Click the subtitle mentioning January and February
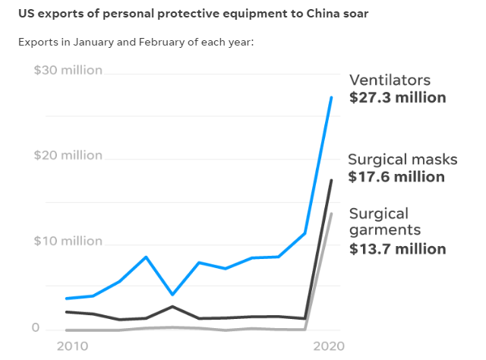pos(135,41)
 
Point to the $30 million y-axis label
pos(68,70)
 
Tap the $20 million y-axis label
pos(68,156)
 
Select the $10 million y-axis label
pos(68,242)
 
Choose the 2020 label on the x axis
pos(328,346)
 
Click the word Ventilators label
pos(390,81)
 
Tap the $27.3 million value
pos(397,98)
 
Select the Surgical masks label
pos(402,159)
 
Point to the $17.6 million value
pos(396,177)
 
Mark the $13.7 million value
pos(397,248)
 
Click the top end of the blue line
pos(331,97)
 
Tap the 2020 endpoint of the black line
pos(331,180)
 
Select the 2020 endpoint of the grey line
pos(331,213)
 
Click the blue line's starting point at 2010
pos(67,298)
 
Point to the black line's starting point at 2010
pos(67,311)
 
